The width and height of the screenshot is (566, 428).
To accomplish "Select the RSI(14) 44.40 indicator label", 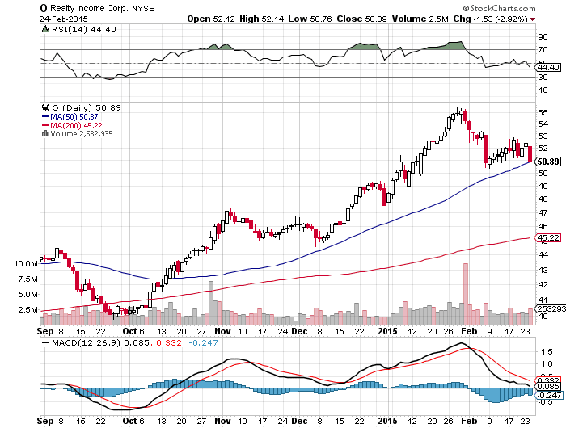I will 74,29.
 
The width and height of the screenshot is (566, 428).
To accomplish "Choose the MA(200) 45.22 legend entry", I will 76,125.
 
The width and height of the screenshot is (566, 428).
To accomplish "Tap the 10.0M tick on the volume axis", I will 26,264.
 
